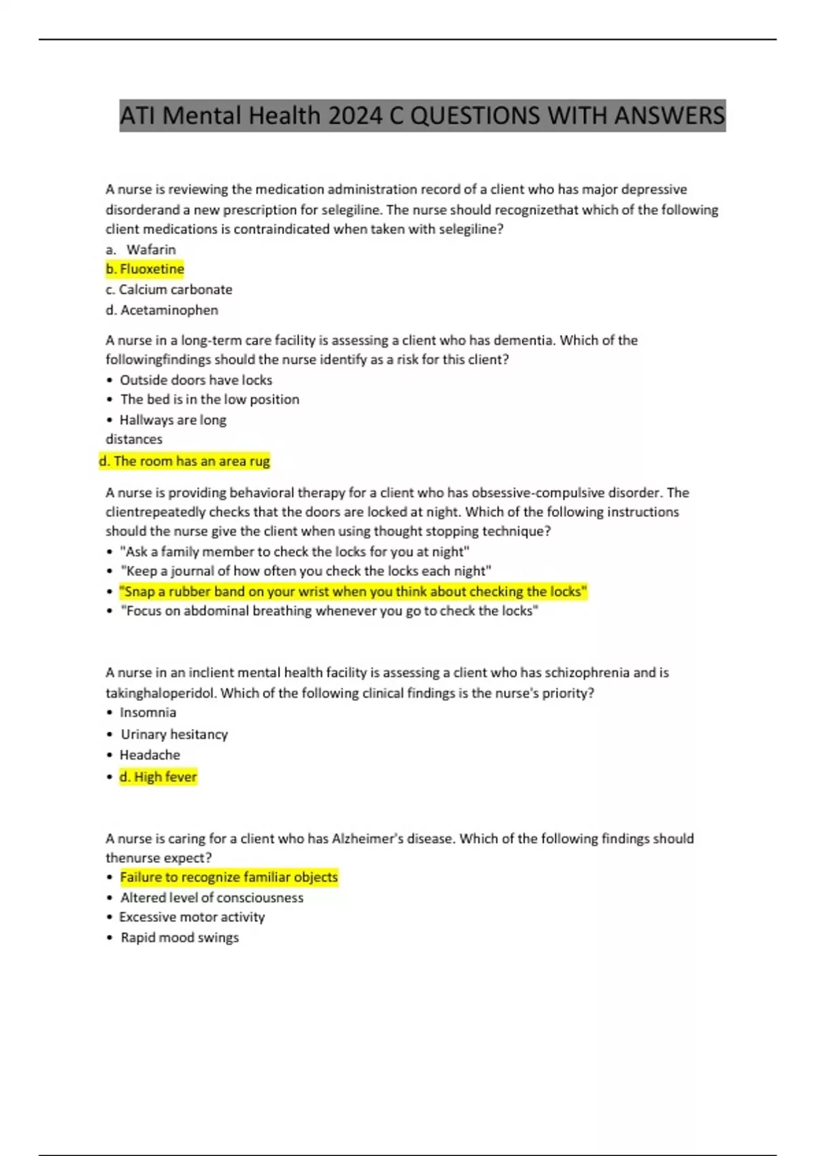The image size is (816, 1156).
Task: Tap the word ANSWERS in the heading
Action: [669, 116]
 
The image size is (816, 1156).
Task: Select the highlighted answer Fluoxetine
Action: [145, 269]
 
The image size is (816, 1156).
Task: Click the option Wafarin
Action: [150, 250]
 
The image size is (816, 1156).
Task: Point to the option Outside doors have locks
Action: [196, 380]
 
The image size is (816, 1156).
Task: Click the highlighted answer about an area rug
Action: [184, 461]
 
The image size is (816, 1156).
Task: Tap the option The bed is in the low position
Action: [209, 400]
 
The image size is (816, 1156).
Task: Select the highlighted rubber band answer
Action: [353, 592]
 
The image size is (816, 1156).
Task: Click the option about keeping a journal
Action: [305, 571]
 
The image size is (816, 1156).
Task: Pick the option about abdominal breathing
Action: [329, 611]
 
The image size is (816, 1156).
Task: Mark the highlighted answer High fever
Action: [158, 777]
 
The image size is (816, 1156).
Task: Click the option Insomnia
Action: [148, 713]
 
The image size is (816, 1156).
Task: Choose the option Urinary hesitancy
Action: [174, 734]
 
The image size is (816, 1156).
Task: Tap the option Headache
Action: [150, 755]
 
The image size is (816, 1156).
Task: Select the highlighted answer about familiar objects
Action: [228, 877]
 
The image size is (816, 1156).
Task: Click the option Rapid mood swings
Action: [180, 938]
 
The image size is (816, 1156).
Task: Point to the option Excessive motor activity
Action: [192, 917]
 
